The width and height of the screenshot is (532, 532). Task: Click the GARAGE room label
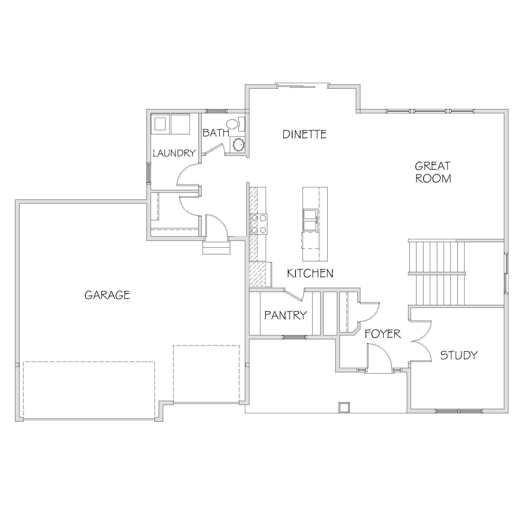pyautogui.click(x=107, y=295)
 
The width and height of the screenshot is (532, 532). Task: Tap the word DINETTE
pyautogui.click(x=305, y=134)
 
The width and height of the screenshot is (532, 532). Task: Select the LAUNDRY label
pyautogui.click(x=174, y=153)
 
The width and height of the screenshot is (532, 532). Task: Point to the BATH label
pyautogui.click(x=216, y=133)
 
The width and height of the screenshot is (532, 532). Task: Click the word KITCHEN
pyautogui.click(x=310, y=274)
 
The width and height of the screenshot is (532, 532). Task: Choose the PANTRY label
pyautogui.click(x=285, y=315)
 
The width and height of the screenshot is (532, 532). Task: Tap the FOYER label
pyautogui.click(x=383, y=334)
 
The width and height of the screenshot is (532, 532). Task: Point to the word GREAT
pyautogui.click(x=433, y=166)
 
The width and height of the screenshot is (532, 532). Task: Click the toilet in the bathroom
pyautogui.click(x=235, y=124)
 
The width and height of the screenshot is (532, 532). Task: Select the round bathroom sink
pyautogui.click(x=238, y=144)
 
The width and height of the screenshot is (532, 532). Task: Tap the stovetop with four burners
pyautogui.click(x=259, y=224)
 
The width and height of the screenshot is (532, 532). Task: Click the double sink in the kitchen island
pyautogui.click(x=311, y=220)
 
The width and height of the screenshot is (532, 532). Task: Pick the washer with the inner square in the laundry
pyautogui.click(x=160, y=124)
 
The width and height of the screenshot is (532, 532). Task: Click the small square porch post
pyautogui.click(x=344, y=407)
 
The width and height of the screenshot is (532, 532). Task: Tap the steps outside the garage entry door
pyautogui.click(x=216, y=247)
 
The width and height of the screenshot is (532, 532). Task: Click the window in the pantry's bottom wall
pyautogui.click(x=294, y=337)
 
